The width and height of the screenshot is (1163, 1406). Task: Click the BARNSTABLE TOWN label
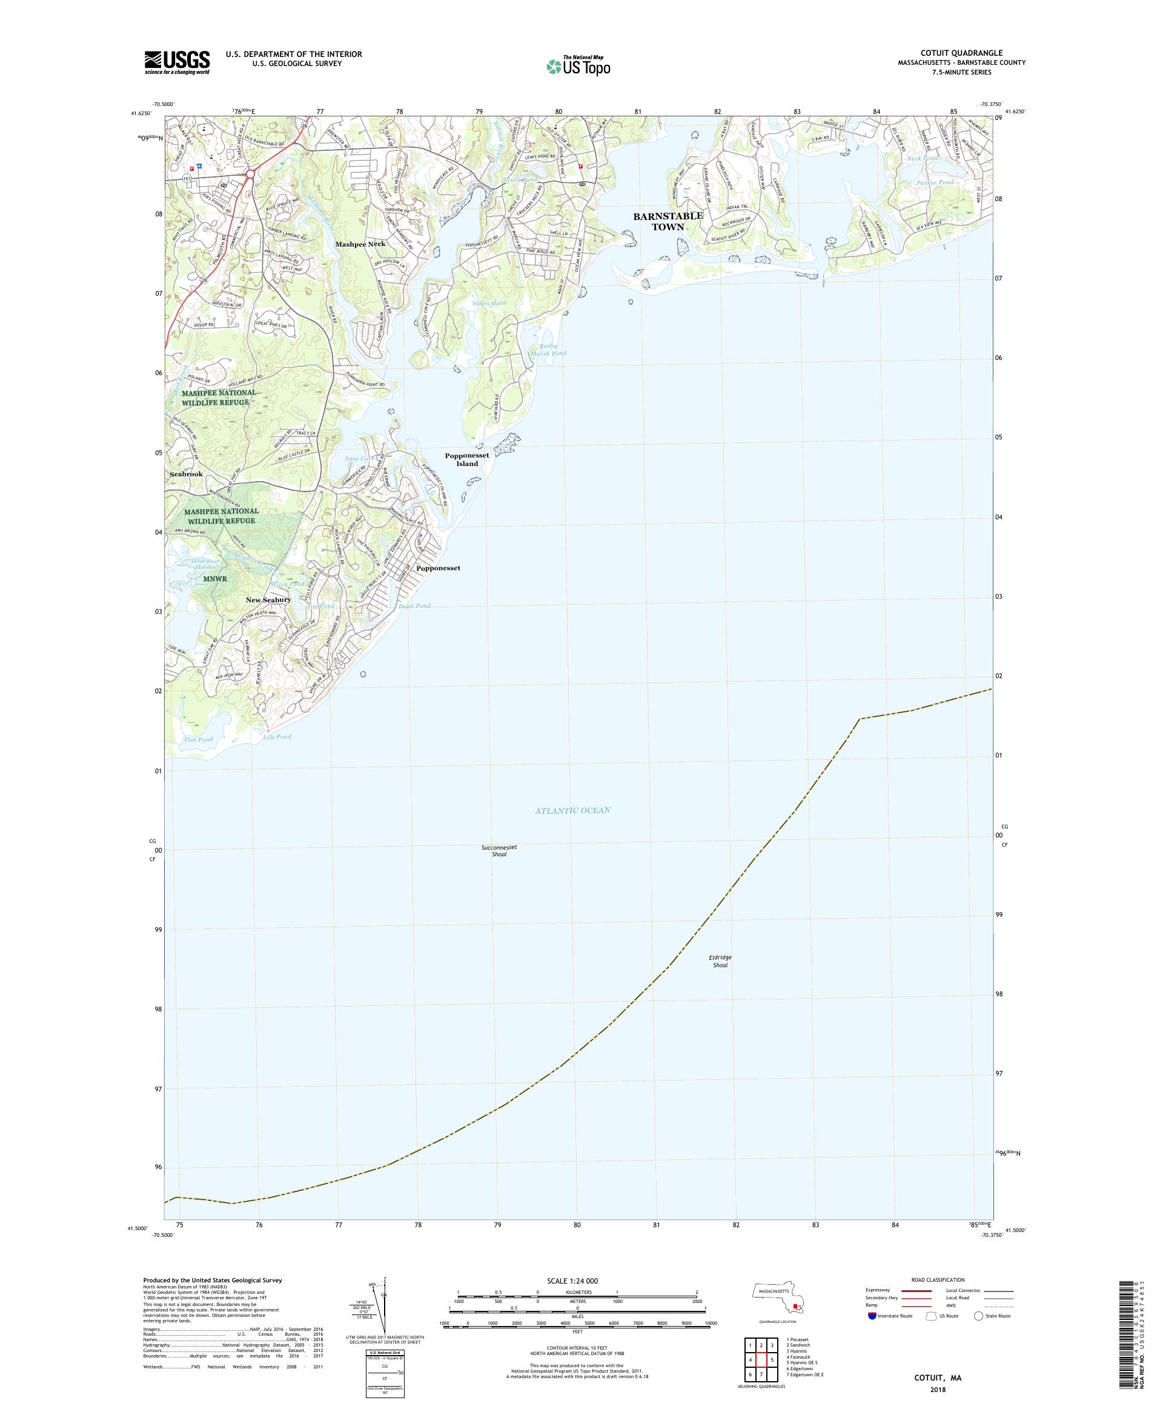point(668,221)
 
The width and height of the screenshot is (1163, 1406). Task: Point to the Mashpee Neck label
point(360,244)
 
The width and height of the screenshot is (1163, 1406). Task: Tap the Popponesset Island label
point(467,459)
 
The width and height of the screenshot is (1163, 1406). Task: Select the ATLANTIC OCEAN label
point(572,810)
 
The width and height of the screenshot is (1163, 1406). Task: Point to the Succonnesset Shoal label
point(499,850)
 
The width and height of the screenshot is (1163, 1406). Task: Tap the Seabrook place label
point(186,474)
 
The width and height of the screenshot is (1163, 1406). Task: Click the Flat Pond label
point(198,739)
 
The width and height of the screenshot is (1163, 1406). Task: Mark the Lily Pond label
point(277,736)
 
